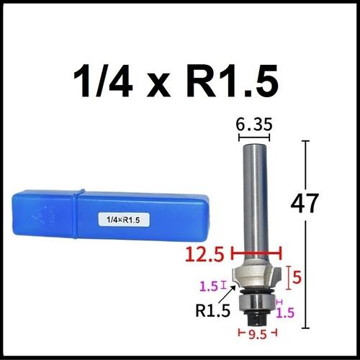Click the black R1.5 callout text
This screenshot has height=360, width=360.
[x=214, y=311]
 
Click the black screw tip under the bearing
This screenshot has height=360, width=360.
[x=256, y=316]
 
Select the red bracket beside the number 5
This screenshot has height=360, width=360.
[x=288, y=276]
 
